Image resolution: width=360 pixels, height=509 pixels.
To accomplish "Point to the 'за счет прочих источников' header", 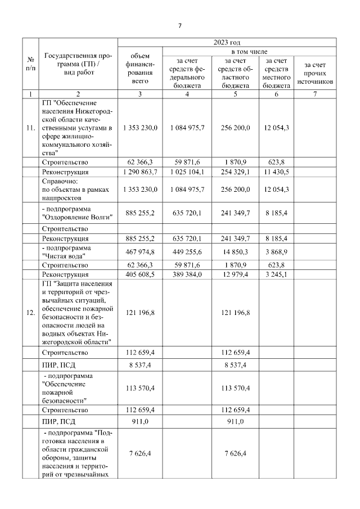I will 315,73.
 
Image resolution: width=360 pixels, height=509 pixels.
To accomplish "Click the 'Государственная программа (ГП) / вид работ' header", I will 78,64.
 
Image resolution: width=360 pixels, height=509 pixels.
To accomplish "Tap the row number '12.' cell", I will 30,313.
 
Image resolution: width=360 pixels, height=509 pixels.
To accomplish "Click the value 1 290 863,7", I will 140,172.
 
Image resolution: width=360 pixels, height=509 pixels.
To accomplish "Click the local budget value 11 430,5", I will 276,172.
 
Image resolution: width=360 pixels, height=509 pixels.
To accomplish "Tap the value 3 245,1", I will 276,274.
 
